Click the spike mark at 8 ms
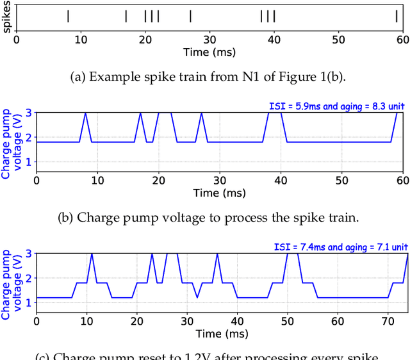(x=68, y=16)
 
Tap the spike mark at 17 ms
(x=126, y=16)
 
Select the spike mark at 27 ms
(x=190, y=16)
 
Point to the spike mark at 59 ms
(x=397, y=16)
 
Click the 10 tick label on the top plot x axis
(x=81, y=38)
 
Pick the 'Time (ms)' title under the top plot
(x=209, y=51)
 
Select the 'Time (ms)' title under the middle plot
(x=220, y=192)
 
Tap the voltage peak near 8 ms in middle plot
(x=85, y=113)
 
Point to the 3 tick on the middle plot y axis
(x=28, y=113)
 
